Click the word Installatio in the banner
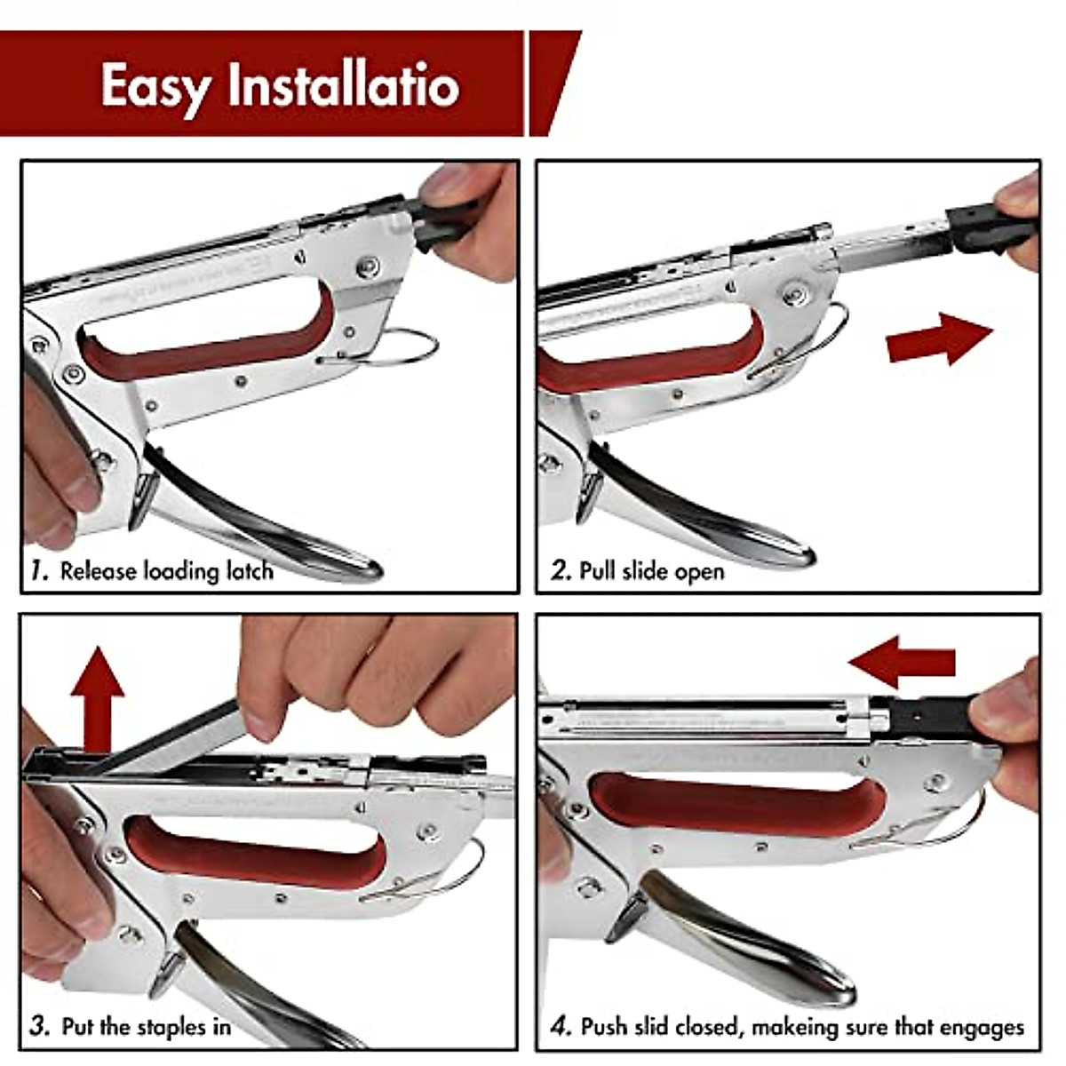(x=344, y=84)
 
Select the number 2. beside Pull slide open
(x=561, y=571)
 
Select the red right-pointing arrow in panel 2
(x=939, y=339)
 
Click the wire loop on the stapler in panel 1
(x=387, y=347)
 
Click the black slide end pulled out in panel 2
(x=990, y=229)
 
